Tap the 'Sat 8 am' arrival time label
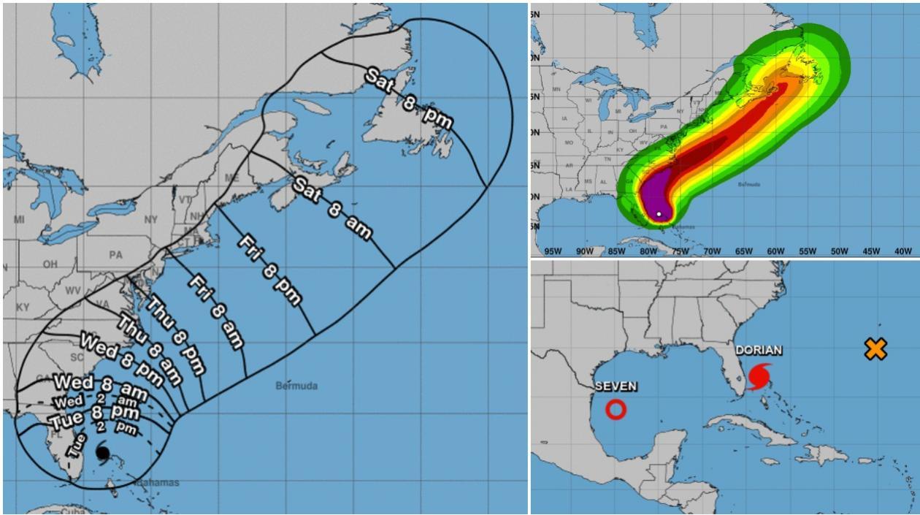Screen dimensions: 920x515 click(x=332, y=208)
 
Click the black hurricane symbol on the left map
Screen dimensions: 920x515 click(x=102, y=454)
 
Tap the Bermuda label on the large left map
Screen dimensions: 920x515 click(x=296, y=386)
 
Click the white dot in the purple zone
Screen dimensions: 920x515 click(x=659, y=214)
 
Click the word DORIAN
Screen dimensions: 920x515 click(x=759, y=351)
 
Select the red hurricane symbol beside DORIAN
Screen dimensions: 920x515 click(x=759, y=377)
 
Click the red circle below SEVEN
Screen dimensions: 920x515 click(x=616, y=410)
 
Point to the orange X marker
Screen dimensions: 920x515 click(x=875, y=349)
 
